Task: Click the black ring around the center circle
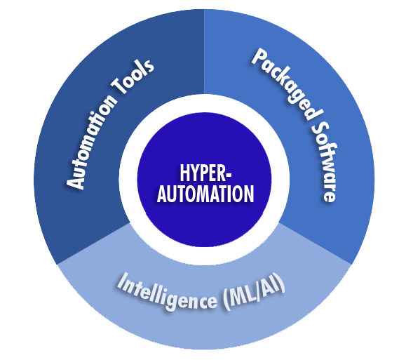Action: coord(203,112)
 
